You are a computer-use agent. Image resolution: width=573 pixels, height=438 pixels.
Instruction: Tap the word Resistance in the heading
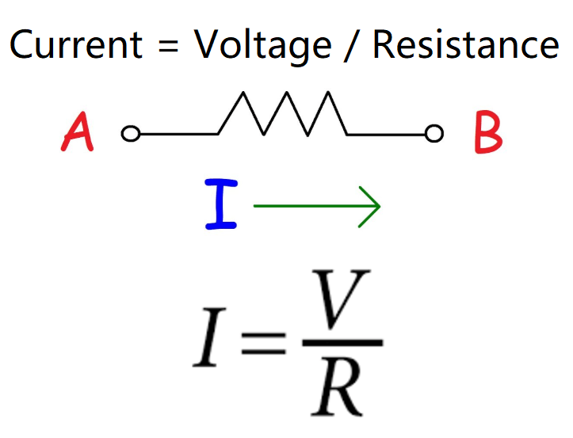465,45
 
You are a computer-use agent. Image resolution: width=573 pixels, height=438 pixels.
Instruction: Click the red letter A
78,133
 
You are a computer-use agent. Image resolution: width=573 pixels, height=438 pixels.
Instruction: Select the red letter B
487,133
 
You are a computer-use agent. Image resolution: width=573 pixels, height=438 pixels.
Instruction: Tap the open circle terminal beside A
130,134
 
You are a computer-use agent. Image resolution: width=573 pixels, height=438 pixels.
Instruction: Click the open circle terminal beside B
434,134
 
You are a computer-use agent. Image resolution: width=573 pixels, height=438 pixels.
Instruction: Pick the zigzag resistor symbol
282,116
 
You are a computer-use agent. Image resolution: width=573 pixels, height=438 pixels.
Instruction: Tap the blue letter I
221,205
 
